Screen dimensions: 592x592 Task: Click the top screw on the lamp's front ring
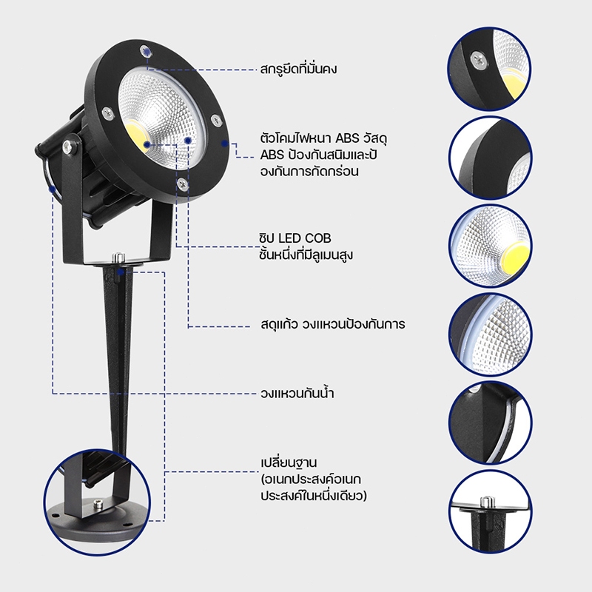tap(145, 51)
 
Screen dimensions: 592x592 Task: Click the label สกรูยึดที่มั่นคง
tap(298, 70)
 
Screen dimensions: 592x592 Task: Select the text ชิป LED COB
tap(295, 238)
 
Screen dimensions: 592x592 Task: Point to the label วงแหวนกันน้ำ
tap(297, 393)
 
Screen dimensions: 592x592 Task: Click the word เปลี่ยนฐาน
tap(289, 463)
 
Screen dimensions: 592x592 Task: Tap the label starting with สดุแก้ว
tap(332, 324)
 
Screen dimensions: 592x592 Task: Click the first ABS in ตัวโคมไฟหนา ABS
tap(347, 138)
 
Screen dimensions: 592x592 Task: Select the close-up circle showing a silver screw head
tap(490, 69)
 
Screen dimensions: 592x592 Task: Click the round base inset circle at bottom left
tap(97, 502)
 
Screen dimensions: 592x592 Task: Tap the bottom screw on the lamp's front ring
tap(183, 184)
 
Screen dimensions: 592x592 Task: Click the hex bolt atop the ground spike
tap(118, 258)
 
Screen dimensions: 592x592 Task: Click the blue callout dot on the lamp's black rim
tap(225, 144)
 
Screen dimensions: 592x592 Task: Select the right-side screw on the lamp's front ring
tap(216, 121)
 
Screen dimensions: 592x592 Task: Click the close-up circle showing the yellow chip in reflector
tap(490, 246)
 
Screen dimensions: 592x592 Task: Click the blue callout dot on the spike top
tap(121, 272)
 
